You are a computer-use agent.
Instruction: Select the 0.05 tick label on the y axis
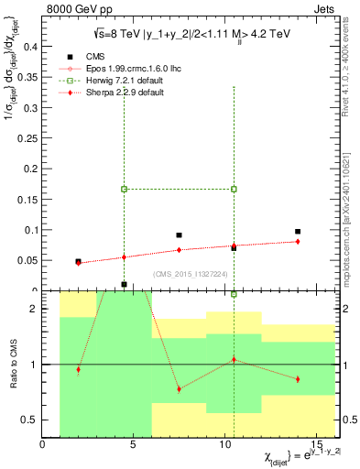[25, 260]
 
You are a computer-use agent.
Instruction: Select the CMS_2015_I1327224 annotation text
[190, 273]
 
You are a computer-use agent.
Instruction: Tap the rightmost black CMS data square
[298, 232]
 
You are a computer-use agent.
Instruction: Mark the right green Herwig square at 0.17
[234, 189]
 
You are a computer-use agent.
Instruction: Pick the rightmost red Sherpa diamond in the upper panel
[298, 241]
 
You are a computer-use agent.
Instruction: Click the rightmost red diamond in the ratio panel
[298, 379]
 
